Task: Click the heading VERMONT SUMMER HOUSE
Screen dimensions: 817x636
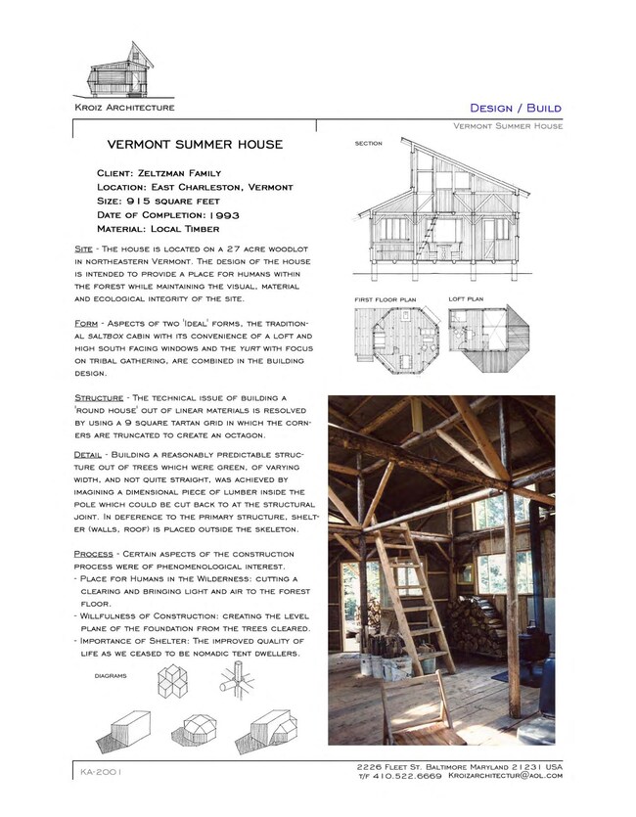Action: click(195, 145)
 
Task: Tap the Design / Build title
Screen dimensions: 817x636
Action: click(516, 108)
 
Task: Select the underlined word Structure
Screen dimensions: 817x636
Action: click(100, 397)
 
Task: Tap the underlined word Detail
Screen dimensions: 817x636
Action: click(92, 456)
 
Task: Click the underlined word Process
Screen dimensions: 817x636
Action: click(94, 554)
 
